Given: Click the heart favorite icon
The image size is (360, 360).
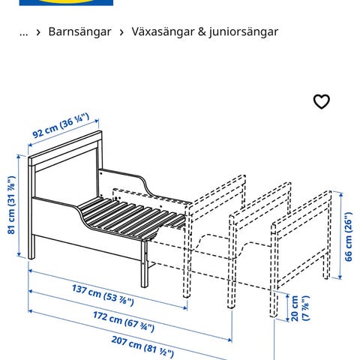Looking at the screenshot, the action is pos(322,102).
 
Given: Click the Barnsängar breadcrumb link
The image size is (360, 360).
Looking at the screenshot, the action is pos(79,31).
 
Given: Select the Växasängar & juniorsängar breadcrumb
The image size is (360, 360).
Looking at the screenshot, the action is pos(205,31).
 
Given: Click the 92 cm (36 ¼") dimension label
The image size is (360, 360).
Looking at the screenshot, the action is pos(61,125).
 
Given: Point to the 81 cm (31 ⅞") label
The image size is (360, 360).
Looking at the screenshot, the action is pos(11,205).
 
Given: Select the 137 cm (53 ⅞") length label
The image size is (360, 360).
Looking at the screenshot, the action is pos(103,295).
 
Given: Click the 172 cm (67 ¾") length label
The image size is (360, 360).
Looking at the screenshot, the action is pos(124,322).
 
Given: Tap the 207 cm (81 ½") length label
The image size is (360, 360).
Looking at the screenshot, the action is pos(142,346).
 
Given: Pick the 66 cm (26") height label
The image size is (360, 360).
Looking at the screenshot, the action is pos(348,237).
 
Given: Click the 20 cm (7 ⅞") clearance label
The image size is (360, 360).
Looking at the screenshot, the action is pos(300,308).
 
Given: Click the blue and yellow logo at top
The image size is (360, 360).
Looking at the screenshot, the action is pos(66,2).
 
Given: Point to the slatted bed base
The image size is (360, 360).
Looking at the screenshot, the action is pos(130,215).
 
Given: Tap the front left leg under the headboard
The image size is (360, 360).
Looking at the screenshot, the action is pos(31,246).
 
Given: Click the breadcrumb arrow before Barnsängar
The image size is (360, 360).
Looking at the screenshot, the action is pos(38,32).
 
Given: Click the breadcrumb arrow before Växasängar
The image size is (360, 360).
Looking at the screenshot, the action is pos(121,32).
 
